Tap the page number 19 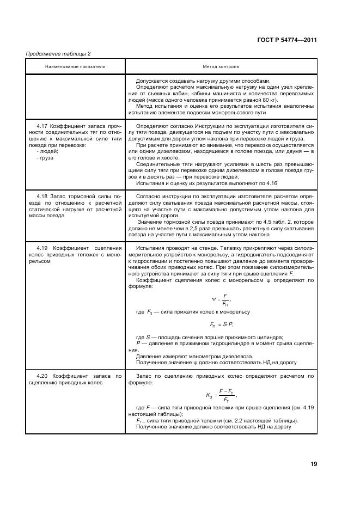click(x=314, y=464)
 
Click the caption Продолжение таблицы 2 click(x=58, y=53)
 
